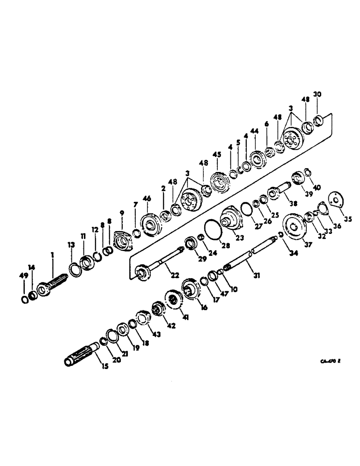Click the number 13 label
(x=71, y=245)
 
